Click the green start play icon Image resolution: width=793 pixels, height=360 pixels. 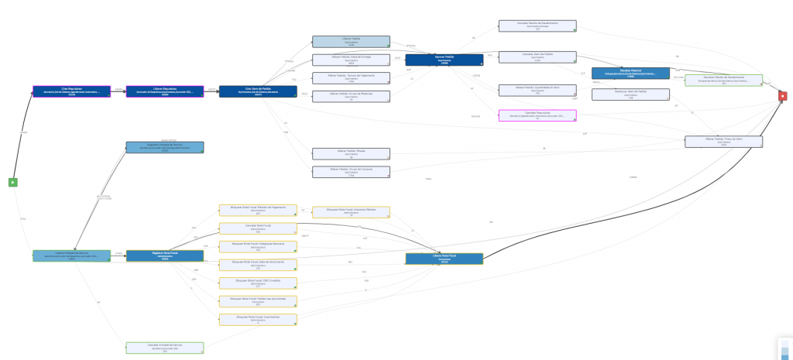tap(13, 182)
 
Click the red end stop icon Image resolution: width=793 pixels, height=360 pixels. tap(783, 96)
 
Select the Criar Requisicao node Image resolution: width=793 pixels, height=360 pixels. tap(71, 91)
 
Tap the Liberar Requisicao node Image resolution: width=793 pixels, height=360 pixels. tap(164, 91)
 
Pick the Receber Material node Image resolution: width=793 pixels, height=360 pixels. tap(630, 73)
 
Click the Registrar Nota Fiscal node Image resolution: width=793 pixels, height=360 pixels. tap(164, 255)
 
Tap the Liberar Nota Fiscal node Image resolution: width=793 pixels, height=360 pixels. tap(444, 259)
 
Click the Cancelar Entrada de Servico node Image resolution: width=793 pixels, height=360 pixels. tap(164, 348)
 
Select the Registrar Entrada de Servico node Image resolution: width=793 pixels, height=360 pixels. tap(164, 147)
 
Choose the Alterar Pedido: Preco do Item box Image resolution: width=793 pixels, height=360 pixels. tap(724, 141)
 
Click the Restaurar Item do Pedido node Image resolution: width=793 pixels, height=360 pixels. tap(630, 94)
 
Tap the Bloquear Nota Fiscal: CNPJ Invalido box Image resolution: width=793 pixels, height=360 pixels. tap(257, 283)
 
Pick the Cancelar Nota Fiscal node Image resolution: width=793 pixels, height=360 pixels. tap(257, 228)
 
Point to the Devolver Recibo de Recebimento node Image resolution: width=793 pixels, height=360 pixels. tap(724, 80)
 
